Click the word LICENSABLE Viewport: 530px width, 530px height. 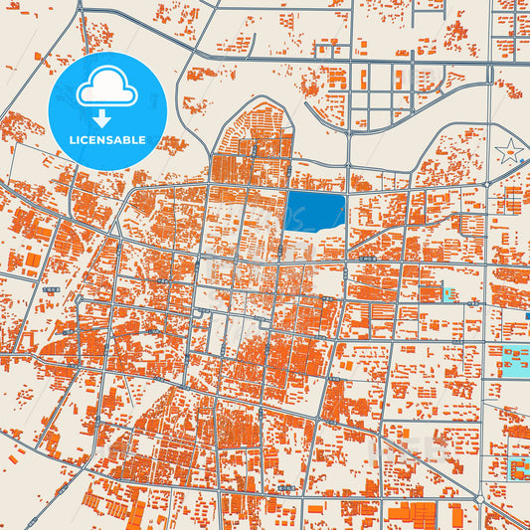coord(107,140)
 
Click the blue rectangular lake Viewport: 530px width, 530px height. coord(315,212)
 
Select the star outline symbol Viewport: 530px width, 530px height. coord(509,152)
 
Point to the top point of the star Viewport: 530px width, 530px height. coord(509,140)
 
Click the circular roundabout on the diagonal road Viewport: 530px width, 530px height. coord(479,498)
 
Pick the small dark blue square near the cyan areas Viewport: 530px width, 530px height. coord(527,316)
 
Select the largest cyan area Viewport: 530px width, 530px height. coord(515,361)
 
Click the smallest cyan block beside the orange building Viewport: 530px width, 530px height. coord(448,294)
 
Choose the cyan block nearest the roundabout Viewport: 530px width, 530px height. coord(519,467)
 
